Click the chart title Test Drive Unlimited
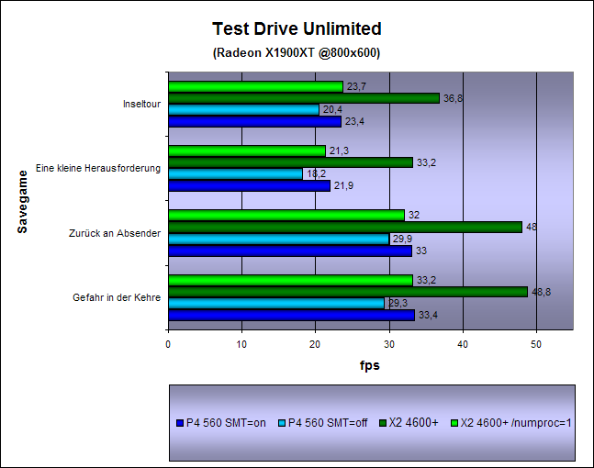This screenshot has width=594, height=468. coord(297,29)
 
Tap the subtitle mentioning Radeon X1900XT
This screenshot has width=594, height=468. coord(297,52)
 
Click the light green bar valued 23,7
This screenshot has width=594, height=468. coord(255,86)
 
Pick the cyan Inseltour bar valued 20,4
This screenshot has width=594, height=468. coord(243,109)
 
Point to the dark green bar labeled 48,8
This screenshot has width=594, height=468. coord(347,292)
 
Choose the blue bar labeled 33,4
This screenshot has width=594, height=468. coord(291,315)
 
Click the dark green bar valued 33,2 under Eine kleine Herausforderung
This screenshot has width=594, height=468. coord(290,162)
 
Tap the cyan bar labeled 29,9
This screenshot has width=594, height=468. coord(278,239)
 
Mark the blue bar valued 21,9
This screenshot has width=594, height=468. coord(249,185)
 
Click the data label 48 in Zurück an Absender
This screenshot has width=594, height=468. coord(530,227)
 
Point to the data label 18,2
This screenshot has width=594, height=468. coord(315,173)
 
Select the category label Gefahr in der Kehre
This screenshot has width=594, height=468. coord(117,297)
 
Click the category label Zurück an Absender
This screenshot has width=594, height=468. coord(115,233)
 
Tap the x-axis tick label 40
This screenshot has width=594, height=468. coord(463,344)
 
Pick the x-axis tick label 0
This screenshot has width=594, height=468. coord(168,344)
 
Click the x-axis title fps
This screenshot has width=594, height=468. coord(369,365)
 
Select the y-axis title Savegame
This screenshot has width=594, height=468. coord(23,201)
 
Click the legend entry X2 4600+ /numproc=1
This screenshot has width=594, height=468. coord(520,423)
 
